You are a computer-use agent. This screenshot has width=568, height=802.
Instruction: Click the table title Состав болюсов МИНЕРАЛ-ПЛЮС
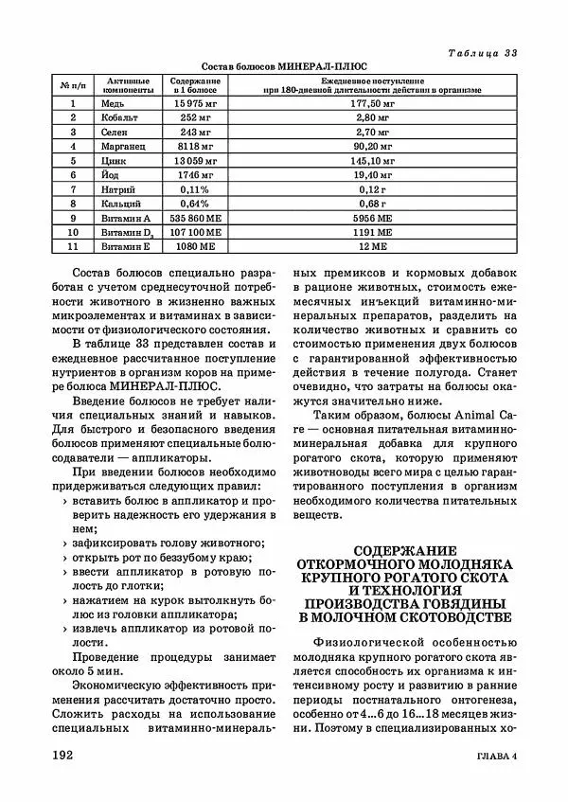tap(285, 66)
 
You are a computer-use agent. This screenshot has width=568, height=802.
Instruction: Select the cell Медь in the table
tap(121, 102)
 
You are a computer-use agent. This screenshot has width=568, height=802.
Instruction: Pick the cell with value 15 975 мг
tap(196, 102)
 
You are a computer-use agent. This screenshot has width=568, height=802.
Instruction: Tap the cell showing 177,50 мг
tap(372, 102)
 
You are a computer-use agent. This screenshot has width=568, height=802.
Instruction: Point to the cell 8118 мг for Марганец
tap(196, 147)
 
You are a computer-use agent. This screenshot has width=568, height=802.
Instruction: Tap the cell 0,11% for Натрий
tap(196, 189)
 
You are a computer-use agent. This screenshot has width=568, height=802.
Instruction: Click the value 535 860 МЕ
tap(196, 218)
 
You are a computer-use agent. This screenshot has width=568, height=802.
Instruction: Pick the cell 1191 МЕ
tap(372, 232)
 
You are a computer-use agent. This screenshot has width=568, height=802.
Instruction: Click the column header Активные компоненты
tap(127, 85)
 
